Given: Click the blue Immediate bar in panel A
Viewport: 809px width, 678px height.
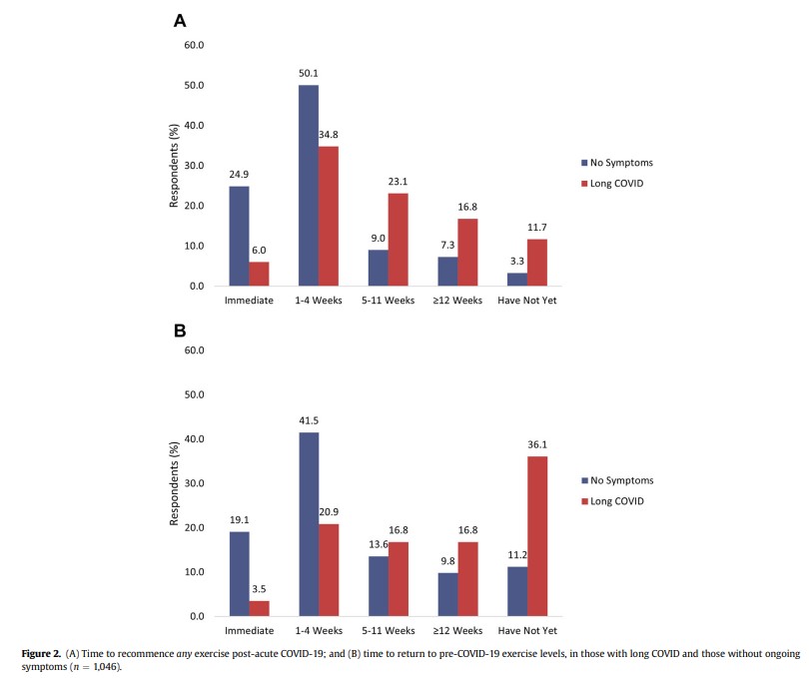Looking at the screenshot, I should (240, 237).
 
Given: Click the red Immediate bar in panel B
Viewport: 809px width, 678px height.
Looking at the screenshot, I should (260, 608).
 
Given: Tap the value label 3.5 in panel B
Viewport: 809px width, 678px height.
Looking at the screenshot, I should (260, 591).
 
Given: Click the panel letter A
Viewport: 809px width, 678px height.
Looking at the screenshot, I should (180, 20).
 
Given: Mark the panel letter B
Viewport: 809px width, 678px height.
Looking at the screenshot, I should (180, 331).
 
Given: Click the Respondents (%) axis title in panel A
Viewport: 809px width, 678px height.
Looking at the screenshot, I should (173, 166).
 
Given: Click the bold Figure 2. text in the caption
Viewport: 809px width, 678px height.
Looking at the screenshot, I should (44, 653).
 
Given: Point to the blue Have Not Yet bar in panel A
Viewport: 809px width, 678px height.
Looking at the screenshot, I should (517, 280).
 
